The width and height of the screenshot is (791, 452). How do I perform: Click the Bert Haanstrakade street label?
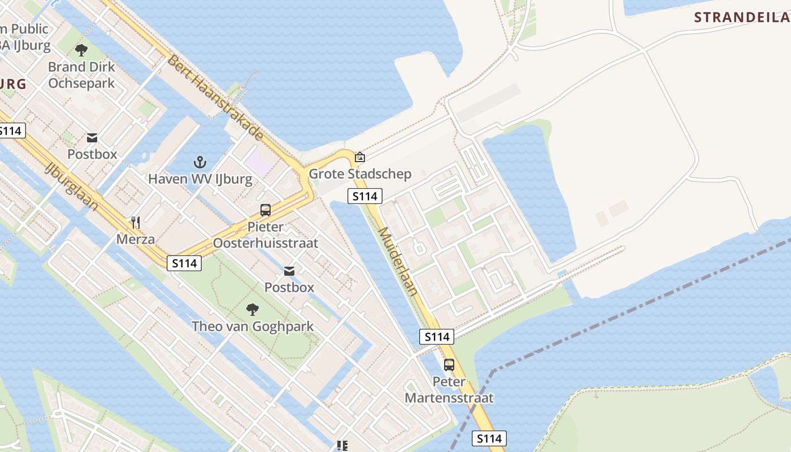click(215, 97)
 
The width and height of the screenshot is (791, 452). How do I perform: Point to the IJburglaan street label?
click(71, 186)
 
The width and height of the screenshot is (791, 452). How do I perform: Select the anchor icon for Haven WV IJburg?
click(200, 163)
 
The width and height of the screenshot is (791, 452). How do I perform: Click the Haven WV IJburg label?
click(200, 179)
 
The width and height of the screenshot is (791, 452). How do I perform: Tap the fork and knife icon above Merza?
click(136, 223)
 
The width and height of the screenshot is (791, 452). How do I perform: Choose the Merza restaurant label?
click(136, 239)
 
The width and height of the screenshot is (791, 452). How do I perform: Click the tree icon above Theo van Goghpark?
click(252, 309)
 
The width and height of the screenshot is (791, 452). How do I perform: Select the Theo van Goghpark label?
click(253, 326)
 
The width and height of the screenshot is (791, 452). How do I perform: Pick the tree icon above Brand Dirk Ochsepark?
click(81, 50)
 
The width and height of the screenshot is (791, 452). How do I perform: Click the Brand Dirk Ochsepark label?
click(81, 75)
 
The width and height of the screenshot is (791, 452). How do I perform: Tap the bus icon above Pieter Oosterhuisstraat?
click(266, 211)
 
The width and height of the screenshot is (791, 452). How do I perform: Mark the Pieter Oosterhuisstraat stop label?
click(266, 235)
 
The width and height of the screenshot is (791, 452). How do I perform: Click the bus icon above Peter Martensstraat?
click(449, 365)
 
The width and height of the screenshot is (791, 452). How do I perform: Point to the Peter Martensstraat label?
click(449, 390)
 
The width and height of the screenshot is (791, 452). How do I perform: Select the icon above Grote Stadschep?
click(360, 157)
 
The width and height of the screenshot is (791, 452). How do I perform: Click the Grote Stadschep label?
click(360, 173)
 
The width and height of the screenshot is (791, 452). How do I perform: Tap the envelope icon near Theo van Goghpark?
click(289, 271)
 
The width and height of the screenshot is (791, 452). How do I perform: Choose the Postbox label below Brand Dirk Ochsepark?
click(92, 154)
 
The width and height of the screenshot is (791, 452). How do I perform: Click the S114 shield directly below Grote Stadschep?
click(364, 197)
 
